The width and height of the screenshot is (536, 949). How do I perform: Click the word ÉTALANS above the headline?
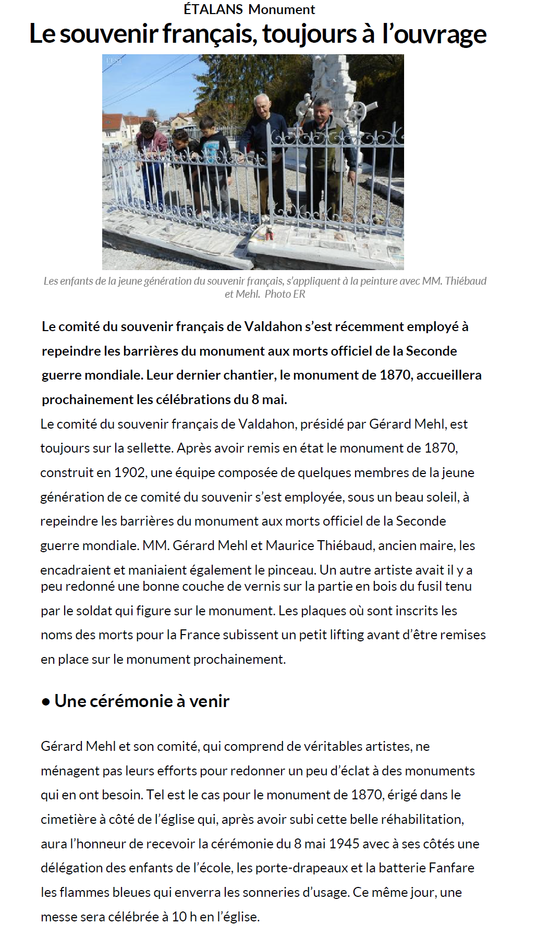(x=213, y=9)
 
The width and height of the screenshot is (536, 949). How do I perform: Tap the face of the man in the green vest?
(x=322, y=110)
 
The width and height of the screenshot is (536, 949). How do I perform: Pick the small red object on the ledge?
(x=270, y=234)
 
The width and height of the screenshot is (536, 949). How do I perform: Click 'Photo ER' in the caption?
(x=285, y=294)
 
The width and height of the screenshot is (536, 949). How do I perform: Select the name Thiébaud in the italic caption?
(x=466, y=281)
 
